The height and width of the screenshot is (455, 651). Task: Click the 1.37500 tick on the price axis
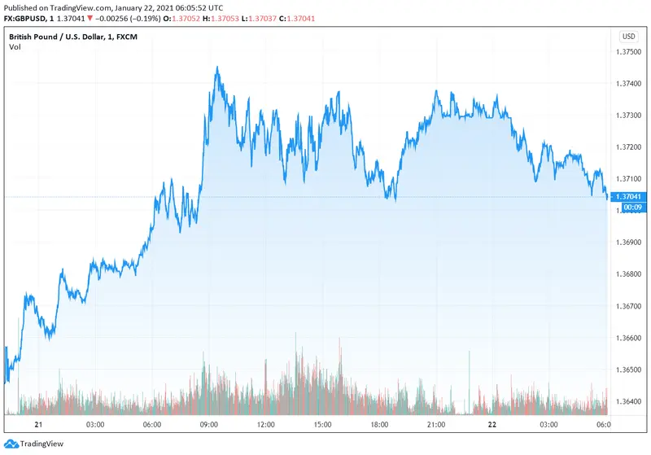pyautogui.click(x=629, y=52)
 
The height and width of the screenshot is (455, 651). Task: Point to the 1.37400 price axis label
pyautogui.click(x=629, y=84)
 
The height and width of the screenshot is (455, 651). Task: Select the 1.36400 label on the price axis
pyautogui.click(x=629, y=400)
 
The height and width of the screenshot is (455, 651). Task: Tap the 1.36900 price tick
pyautogui.click(x=629, y=243)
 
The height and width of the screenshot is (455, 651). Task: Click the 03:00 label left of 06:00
pyautogui.click(x=94, y=425)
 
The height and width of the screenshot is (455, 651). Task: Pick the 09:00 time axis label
pyautogui.click(x=208, y=425)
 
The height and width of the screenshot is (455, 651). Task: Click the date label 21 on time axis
pyautogui.click(x=37, y=425)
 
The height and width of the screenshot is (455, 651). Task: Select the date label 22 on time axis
pyautogui.click(x=492, y=425)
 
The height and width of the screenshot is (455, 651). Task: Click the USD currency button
pyautogui.click(x=628, y=37)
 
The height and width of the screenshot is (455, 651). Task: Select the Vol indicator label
pyautogui.click(x=15, y=47)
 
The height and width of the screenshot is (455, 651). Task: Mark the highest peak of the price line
pyautogui.click(x=216, y=68)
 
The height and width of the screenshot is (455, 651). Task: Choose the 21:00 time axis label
pyautogui.click(x=435, y=425)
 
